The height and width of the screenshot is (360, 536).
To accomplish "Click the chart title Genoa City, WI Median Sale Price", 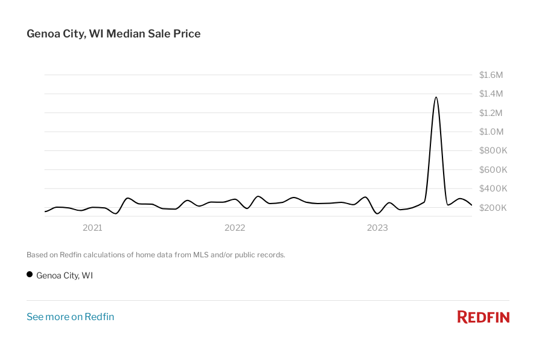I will click(x=113, y=34).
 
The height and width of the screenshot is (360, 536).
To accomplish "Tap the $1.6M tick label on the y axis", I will click(x=491, y=75).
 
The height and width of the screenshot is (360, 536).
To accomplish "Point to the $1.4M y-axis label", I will click(x=491, y=94).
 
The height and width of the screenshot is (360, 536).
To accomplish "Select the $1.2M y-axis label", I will click(x=491, y=113).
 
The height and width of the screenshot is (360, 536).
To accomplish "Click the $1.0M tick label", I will click(x=491, y=132).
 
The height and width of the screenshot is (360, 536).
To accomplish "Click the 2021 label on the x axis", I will click(x=92, y=228).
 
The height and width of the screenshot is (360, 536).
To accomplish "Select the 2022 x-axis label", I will click(x=235, y=228).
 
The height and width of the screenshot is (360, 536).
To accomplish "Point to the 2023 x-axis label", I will click(x=377, y=228).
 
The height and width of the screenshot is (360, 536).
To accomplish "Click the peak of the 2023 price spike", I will click(x=436, y=97).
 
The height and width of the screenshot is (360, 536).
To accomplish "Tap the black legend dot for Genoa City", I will click(x=30, y=275).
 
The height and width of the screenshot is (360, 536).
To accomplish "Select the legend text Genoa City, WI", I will click(x=65, y=275).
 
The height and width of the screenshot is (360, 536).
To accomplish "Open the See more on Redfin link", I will click(x=70, y=317).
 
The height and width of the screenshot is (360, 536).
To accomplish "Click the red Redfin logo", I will click(x=483, y=317).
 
